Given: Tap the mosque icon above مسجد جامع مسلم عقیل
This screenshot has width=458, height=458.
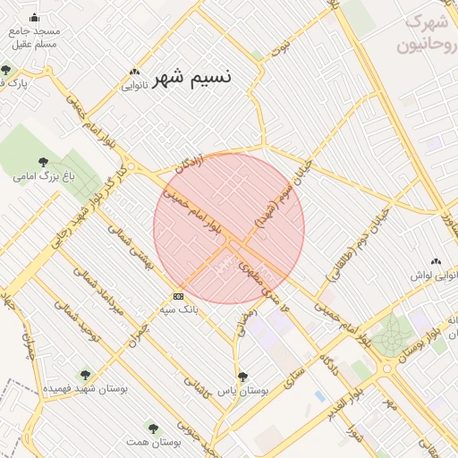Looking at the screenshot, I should tap(34, 17).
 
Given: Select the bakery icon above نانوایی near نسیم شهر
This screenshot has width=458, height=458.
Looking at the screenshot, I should tap(134, 72).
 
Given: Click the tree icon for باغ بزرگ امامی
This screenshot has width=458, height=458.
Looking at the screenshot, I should tap(43, 162).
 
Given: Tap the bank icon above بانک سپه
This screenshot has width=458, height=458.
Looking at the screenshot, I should tap(178, 296).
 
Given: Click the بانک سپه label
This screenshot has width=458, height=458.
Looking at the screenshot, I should tap(178, 310).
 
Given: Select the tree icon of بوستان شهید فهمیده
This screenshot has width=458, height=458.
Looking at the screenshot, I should tap(85, 376).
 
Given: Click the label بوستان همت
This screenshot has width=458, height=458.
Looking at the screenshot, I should tap(153, 443).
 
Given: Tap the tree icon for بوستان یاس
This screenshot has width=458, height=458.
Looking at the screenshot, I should tap(242, 377).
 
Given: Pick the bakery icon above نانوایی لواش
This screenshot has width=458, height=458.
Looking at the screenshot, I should tap(436, 261).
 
